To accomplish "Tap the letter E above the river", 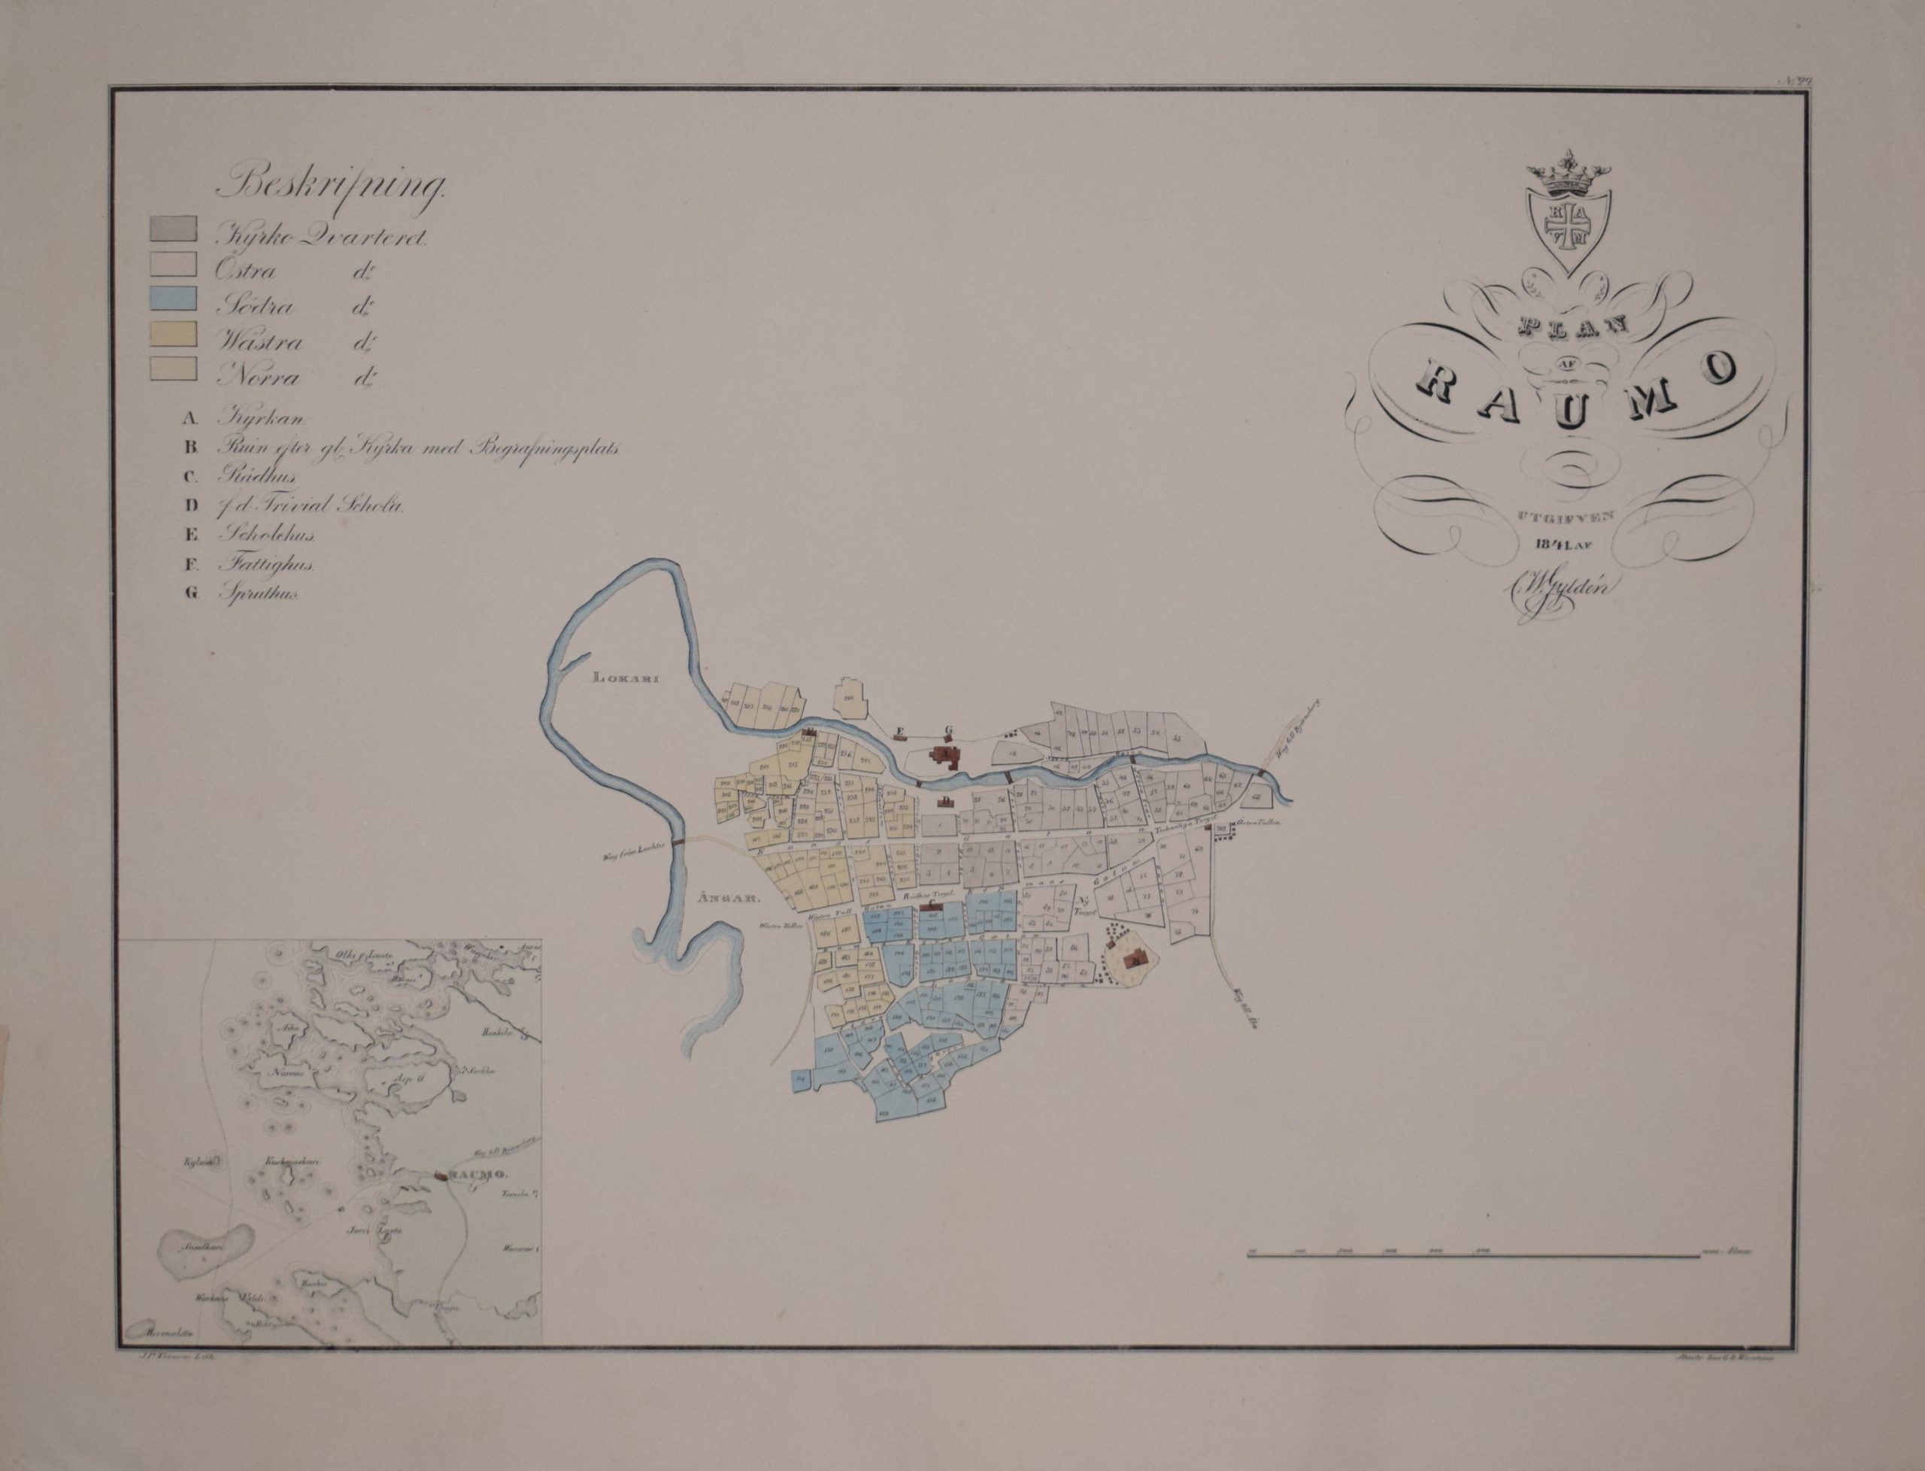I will pyautogui.click(x=897, y=729).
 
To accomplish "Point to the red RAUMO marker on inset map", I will pyautogui.click(x=444, y=1176).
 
